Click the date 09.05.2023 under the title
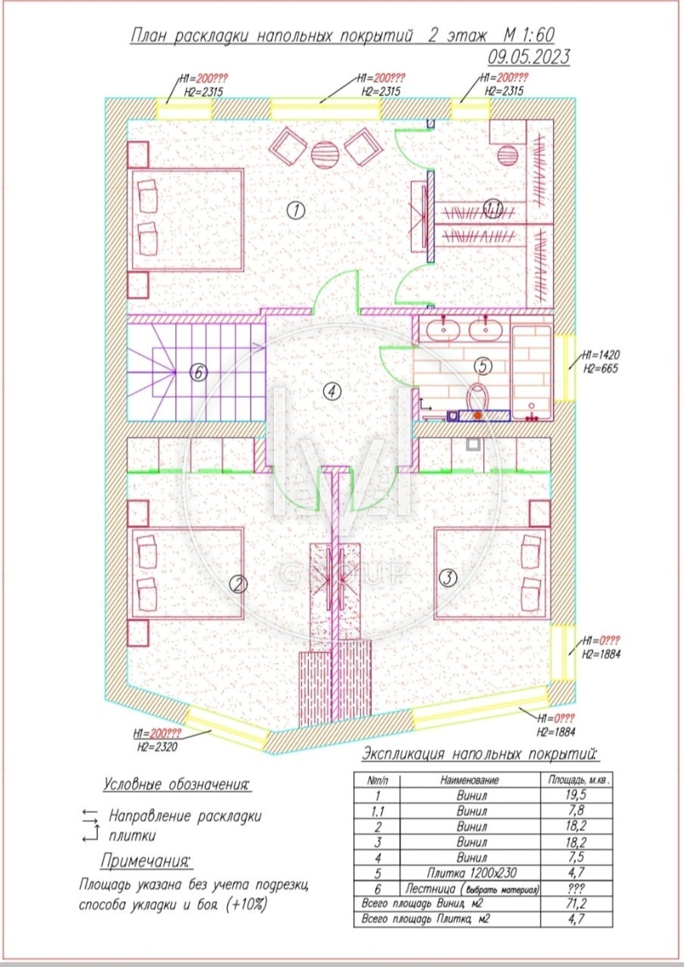[529, 57]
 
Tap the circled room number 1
[296, 211]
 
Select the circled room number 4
[332, 392]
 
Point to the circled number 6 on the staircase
[199, 372]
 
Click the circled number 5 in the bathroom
[483, 366]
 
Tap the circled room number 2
[238, 584]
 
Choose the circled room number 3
[448, 578]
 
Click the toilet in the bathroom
[477, 396]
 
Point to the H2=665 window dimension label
[601, 369]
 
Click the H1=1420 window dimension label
[600, 355]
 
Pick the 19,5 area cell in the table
[576, 795]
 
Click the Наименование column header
[469, 780]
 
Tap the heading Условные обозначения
[177, 784]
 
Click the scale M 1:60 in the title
[529, 35]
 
